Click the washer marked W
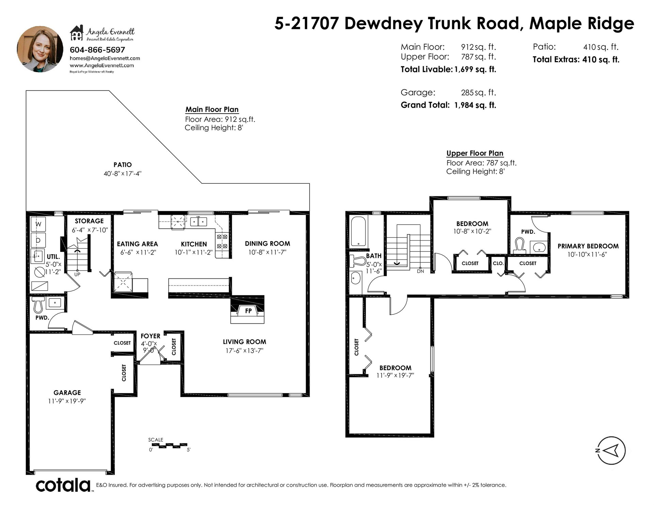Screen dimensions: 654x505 click(x=38, y=224)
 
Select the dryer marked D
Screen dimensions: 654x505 click(x=38, y=240)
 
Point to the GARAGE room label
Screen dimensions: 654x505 click(x=67, y=392)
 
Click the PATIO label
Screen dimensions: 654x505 click(x=123, y=165)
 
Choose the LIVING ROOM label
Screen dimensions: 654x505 click(x=245, y=342)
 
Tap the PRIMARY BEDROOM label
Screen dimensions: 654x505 click(x=588, y=246)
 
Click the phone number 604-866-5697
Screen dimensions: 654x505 click(x=97, y=50)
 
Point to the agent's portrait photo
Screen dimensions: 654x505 click(x=40, y=49)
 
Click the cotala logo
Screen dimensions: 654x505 click(x=63, y=485)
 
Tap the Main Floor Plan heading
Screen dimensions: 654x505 click(x=212, y=110)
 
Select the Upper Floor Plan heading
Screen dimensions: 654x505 click(x=475, y=153)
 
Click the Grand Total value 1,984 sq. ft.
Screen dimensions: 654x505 click(x=475, y=105)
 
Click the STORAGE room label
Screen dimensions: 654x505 click(x=89, y=221)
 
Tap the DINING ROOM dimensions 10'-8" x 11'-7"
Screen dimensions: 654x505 click(x=267, y=252)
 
